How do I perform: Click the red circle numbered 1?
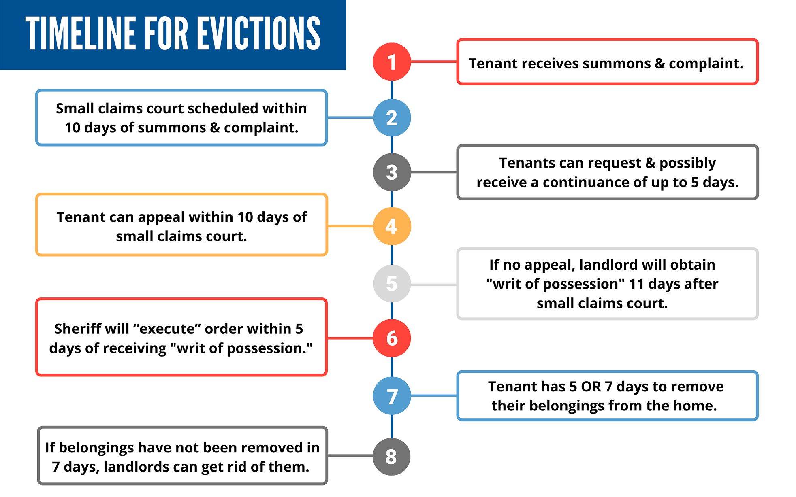click(391, 62)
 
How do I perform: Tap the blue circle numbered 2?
click(391, 118)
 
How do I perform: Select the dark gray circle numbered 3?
click(391, 172)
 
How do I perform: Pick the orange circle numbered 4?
click(391, 226)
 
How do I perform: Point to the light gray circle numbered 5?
click(391, 284)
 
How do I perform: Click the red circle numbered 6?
click(391, 338)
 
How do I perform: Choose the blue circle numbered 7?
click(391, 396)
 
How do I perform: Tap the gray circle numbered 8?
click(391, 457)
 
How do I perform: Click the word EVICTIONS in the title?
click(259, 34)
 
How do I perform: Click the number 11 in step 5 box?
click(636, 284)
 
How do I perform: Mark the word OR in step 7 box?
click(591, 387)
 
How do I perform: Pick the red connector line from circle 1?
click(433, 62)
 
